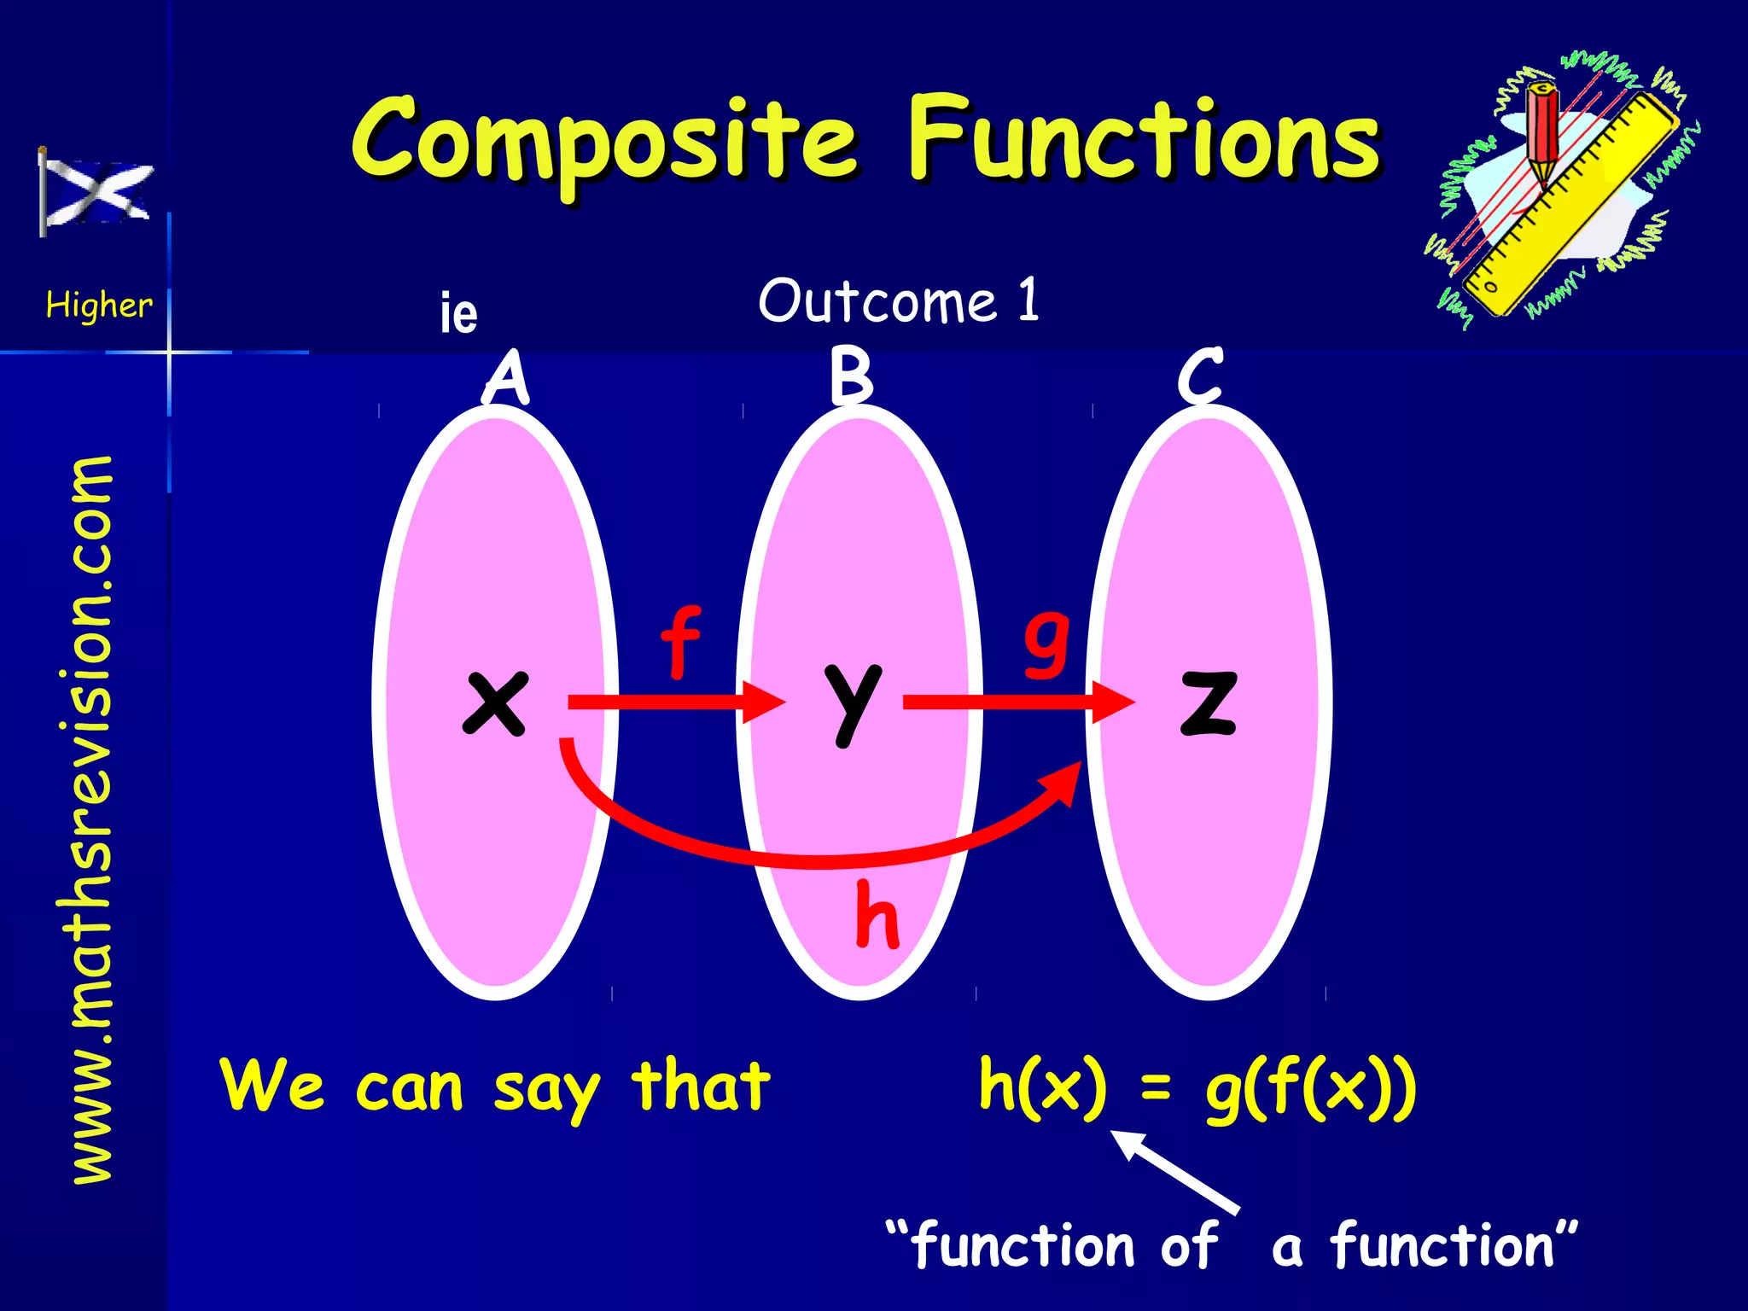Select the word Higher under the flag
(x=99, y=305)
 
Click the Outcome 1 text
(x=899, y=300)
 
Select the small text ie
(x=458, y=312)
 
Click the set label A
(x=507, y=377)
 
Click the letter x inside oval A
(x=495, y=702)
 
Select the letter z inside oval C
(x=1208, y=702)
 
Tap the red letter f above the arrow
(x=680, y=642)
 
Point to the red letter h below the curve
(x=877, y=915)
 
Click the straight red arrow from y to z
(x=1016, y=702)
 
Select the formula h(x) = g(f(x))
(x=1197, y=1087)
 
